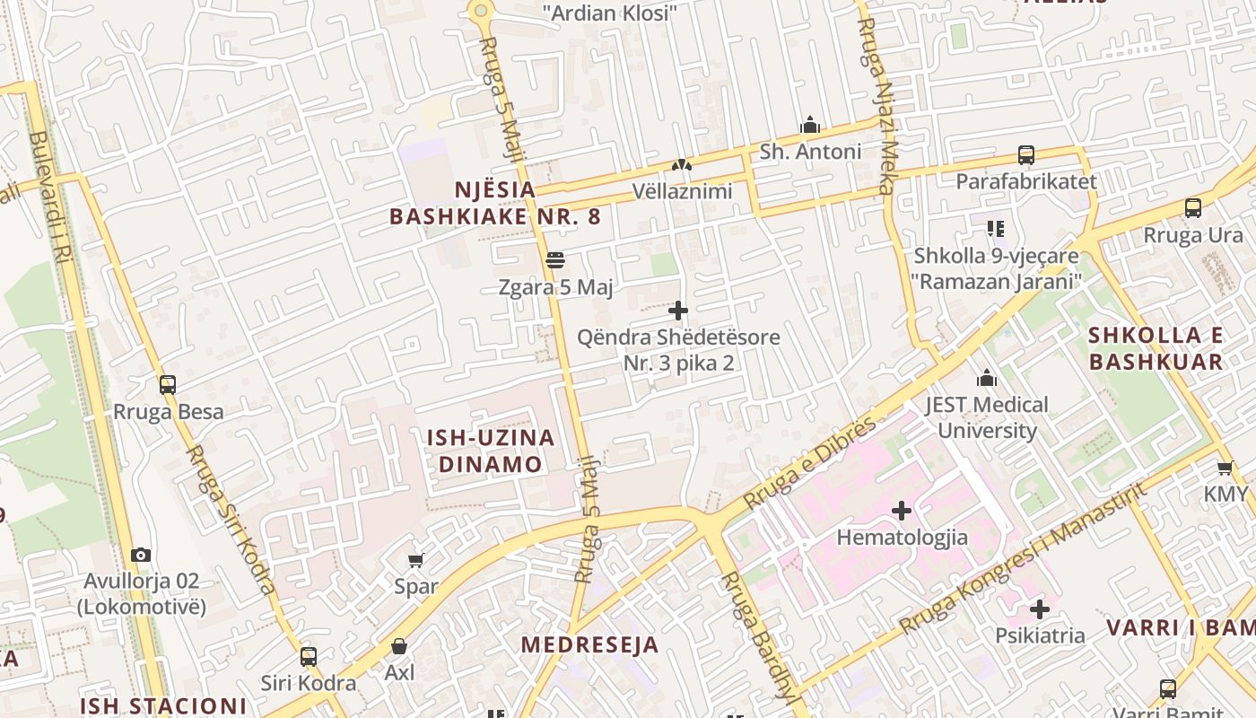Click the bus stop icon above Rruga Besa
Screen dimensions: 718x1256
[168, 385]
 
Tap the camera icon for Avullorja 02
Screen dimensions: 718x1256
[141, 555]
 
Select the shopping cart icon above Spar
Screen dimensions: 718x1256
[415, 561]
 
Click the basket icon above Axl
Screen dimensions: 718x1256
[399, 646]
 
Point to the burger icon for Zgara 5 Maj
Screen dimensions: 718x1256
[555, 260]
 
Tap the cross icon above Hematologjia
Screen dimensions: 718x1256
[902, 511]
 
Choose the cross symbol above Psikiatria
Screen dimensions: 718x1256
[1040, 609]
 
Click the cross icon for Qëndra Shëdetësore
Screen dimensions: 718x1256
[678, 311]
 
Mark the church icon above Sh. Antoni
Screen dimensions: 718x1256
[810, 125]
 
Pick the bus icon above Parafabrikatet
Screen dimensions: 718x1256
[1026, 154]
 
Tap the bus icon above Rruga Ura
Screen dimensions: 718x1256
[1193, 208]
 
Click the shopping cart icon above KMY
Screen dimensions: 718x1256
[1225, 468]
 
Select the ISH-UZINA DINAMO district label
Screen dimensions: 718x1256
[490, 451]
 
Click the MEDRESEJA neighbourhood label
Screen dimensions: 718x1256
[590, 644]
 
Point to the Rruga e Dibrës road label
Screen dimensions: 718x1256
[809, 464]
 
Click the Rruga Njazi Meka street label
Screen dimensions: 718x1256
[874, 106]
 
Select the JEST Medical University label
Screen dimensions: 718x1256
[987, 417]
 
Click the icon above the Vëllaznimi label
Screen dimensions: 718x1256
[682, 165]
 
